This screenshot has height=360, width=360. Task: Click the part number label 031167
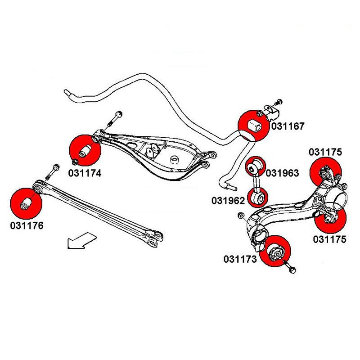288,127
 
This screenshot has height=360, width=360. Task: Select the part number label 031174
85,172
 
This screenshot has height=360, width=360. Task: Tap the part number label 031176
27,225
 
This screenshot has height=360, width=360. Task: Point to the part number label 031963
282,173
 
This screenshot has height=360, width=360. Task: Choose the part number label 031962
229,200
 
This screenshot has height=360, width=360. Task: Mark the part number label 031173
240,259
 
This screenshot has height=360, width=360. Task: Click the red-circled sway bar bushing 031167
253,123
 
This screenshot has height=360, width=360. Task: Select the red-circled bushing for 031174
85,150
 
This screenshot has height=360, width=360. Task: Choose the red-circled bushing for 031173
274,251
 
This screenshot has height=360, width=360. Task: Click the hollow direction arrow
81,239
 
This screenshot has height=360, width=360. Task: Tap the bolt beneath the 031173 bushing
292,269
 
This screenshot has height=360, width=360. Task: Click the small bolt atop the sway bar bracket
278,101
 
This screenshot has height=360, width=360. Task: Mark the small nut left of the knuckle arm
240,216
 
